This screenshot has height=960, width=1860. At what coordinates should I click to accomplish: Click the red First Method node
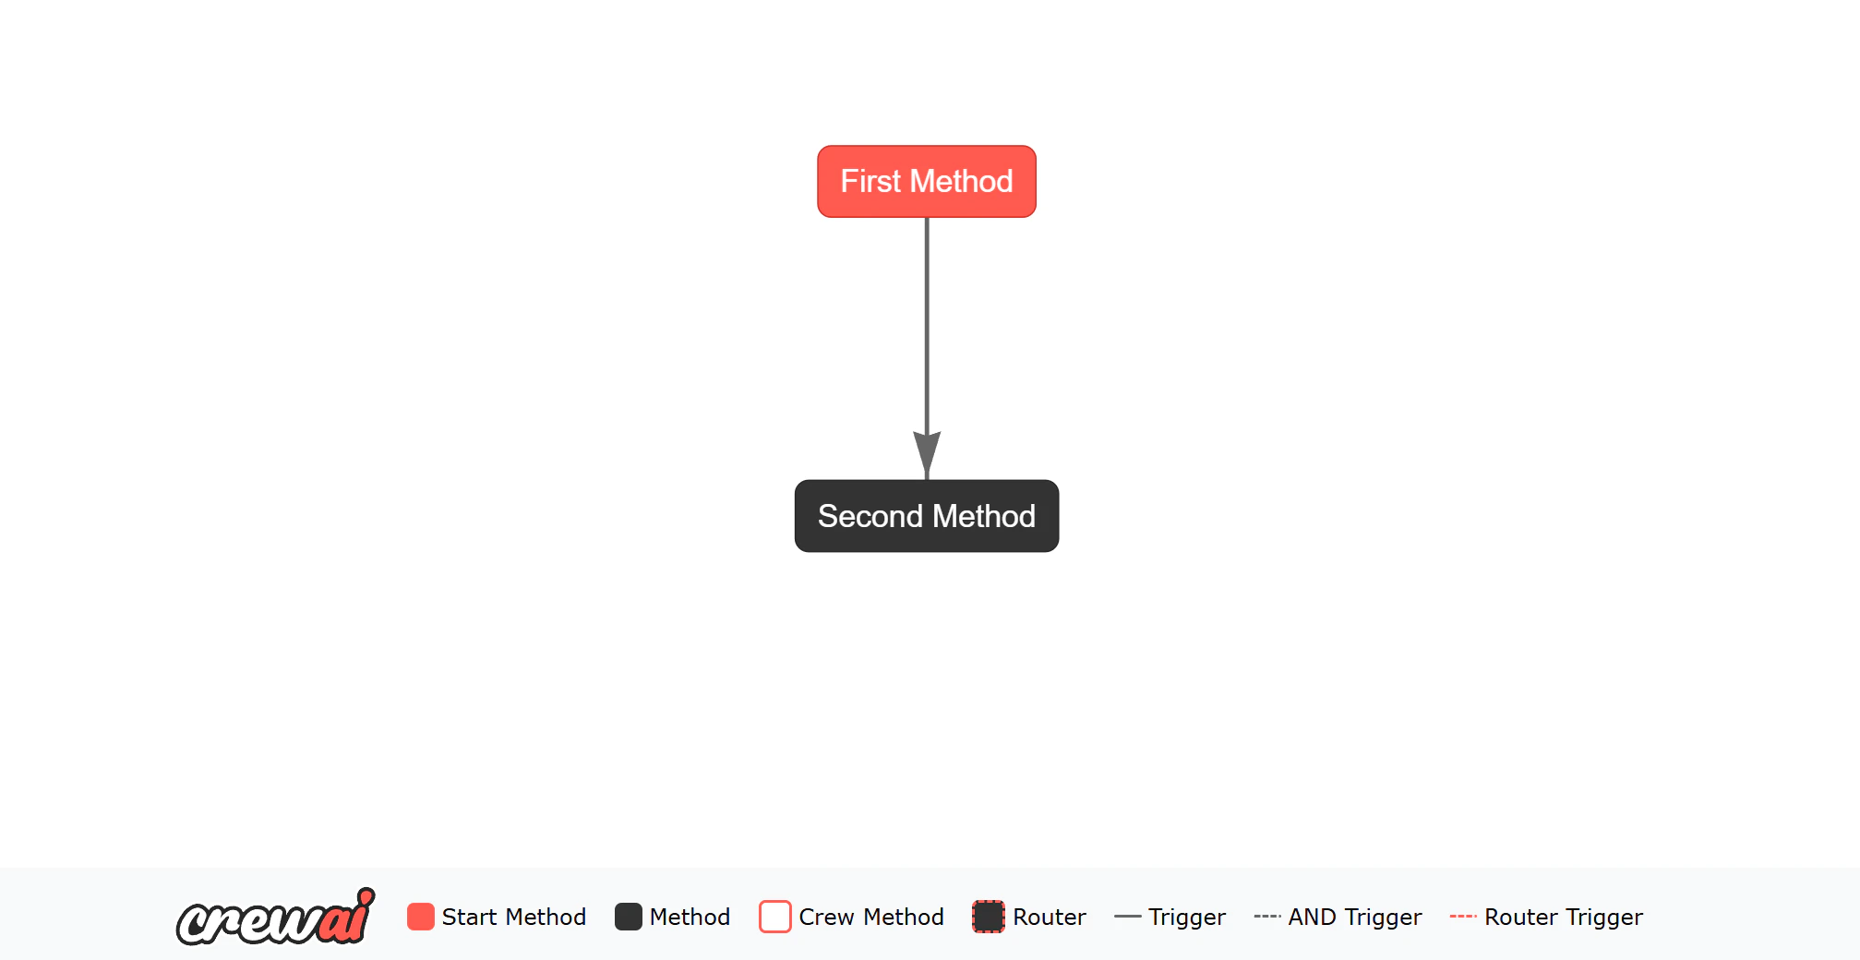pos(927,182)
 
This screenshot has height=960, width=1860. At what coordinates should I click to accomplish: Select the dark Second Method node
pos(927,516)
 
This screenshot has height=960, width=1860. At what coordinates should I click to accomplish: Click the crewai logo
pos(276,917)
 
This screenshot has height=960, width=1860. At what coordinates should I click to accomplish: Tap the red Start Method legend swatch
pos(421,917)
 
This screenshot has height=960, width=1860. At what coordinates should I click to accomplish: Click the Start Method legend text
pos(514,917)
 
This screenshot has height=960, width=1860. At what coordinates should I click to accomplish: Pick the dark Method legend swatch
pos(629,917)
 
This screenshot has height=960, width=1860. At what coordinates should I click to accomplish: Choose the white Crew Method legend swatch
pos(775,917)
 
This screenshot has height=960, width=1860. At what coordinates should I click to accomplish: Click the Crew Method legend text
pos(871,917)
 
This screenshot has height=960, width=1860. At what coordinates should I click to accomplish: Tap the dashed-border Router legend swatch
pos(989,917)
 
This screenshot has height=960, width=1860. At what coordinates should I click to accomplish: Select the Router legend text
pos(1050,917)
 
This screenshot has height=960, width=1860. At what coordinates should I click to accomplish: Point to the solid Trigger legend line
pos(1128,917)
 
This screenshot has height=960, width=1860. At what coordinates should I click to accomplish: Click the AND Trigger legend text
pos(1355,917)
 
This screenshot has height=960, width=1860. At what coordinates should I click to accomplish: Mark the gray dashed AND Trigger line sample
pos(1267,917)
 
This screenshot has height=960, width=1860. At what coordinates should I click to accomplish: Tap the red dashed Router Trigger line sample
pos(1463,917)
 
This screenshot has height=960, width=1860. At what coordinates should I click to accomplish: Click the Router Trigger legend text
pos(1564,917)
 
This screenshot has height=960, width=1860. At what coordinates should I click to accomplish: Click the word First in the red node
pos(870,181)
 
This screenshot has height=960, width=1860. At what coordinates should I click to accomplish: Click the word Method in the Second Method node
pos(984,516)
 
